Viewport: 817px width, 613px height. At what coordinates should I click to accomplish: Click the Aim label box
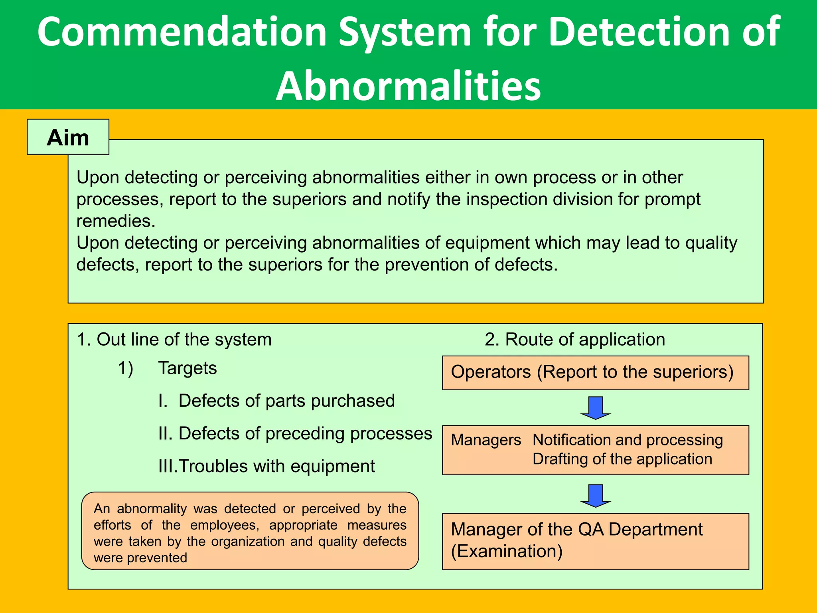68,137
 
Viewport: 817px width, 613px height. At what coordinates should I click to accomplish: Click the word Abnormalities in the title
408,86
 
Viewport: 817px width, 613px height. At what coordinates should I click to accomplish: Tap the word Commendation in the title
182,32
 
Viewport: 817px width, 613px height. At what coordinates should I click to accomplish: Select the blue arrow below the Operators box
595,407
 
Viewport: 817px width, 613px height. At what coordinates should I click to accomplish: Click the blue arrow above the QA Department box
595,495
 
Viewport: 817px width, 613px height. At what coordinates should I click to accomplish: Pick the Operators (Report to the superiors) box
595,372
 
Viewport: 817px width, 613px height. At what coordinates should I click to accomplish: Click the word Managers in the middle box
485,440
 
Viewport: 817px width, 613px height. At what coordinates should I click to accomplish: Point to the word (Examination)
507,551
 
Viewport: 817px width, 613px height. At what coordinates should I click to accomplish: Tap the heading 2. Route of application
574,340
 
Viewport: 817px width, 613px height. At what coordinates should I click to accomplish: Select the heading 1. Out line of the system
174,340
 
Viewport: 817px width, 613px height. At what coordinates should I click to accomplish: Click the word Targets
187,368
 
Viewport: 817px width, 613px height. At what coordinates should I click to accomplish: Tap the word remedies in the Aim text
115,221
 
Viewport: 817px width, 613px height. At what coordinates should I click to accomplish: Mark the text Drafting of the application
622,459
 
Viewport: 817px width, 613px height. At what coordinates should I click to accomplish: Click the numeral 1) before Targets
125,368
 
